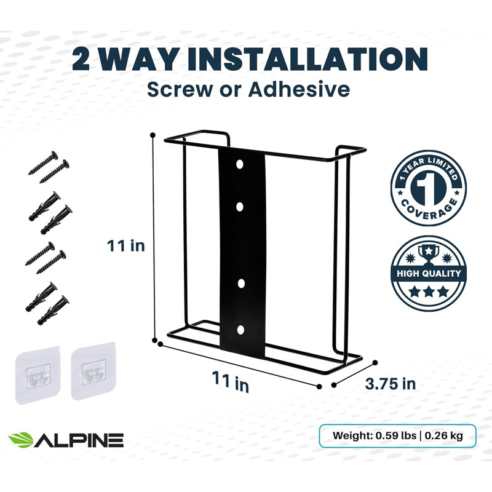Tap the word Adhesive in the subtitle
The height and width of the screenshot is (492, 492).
(299, 89)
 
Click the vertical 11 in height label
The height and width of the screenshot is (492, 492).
(126, 245)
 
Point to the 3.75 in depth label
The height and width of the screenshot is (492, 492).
(390, 384)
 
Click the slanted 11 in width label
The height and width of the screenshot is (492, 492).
(231, 381)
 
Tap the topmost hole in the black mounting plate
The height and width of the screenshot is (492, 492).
(240, 164)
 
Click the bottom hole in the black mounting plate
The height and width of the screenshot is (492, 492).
(240, 330)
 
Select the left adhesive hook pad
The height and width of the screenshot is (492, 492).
(38, 375)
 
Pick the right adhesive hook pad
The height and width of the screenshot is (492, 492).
(93, 371)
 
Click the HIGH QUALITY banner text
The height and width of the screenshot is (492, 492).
(429, 273)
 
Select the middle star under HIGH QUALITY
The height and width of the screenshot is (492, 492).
(429, 292)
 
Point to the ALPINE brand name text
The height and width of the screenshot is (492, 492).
(79, 440)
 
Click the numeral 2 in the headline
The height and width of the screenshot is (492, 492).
(81, 59)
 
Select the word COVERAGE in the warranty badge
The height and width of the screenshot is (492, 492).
(429, 207)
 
